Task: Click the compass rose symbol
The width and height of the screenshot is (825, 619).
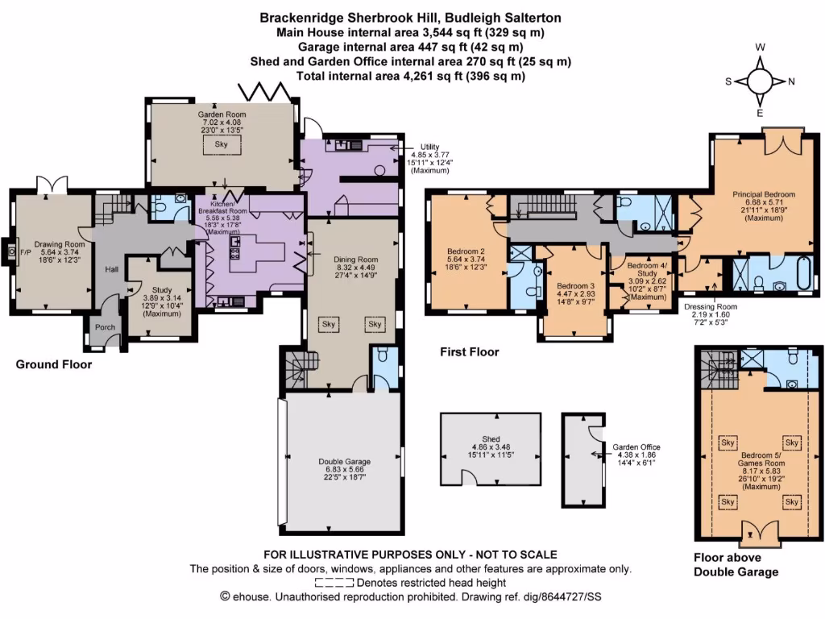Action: tap(760, 81)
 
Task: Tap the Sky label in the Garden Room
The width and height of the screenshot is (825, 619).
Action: tap(221, 145)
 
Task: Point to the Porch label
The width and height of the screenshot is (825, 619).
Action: tap(106, 327)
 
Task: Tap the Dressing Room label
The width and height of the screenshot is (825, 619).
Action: tap(711, 307)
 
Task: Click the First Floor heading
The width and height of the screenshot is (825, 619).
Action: tap(470, 352)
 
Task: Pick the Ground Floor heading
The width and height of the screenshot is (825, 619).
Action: tap(54, 365)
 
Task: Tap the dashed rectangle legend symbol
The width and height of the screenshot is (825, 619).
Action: tap(334, 583)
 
